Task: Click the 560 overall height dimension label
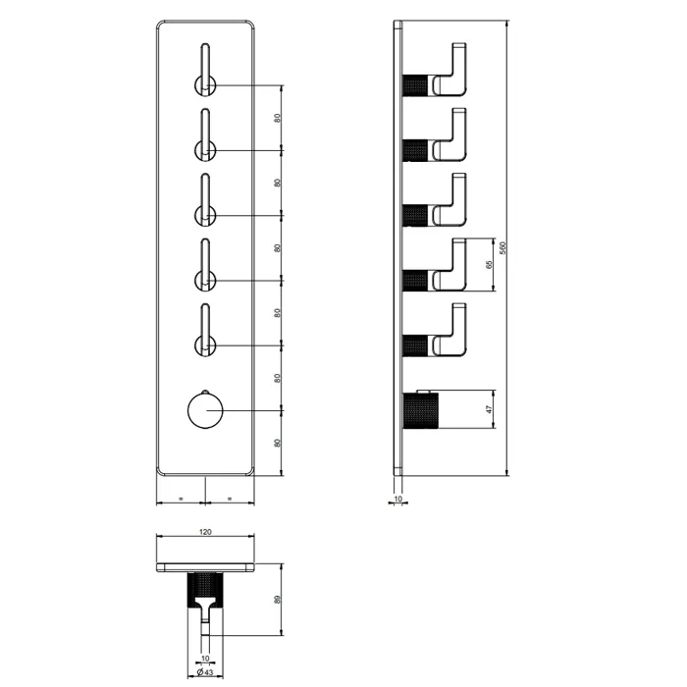(502, 247)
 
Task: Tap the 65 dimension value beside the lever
(489, 265)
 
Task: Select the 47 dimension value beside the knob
(489, 409)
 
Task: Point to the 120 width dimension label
(205, 532)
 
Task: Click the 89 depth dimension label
(277, 600)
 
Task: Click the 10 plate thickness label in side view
(397, 499)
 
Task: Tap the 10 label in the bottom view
(205, 659)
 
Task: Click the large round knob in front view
(205, 410)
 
